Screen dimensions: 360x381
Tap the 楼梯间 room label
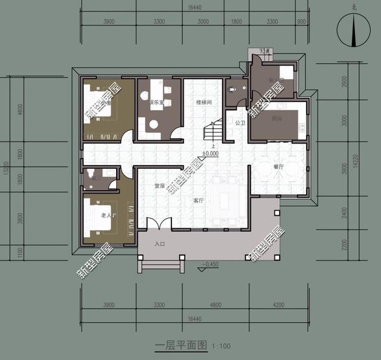204,103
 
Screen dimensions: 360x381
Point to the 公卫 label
241,123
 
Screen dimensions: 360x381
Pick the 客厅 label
198,201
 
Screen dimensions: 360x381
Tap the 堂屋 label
160,185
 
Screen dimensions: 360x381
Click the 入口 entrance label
160,244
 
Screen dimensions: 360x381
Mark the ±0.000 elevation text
210,154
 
